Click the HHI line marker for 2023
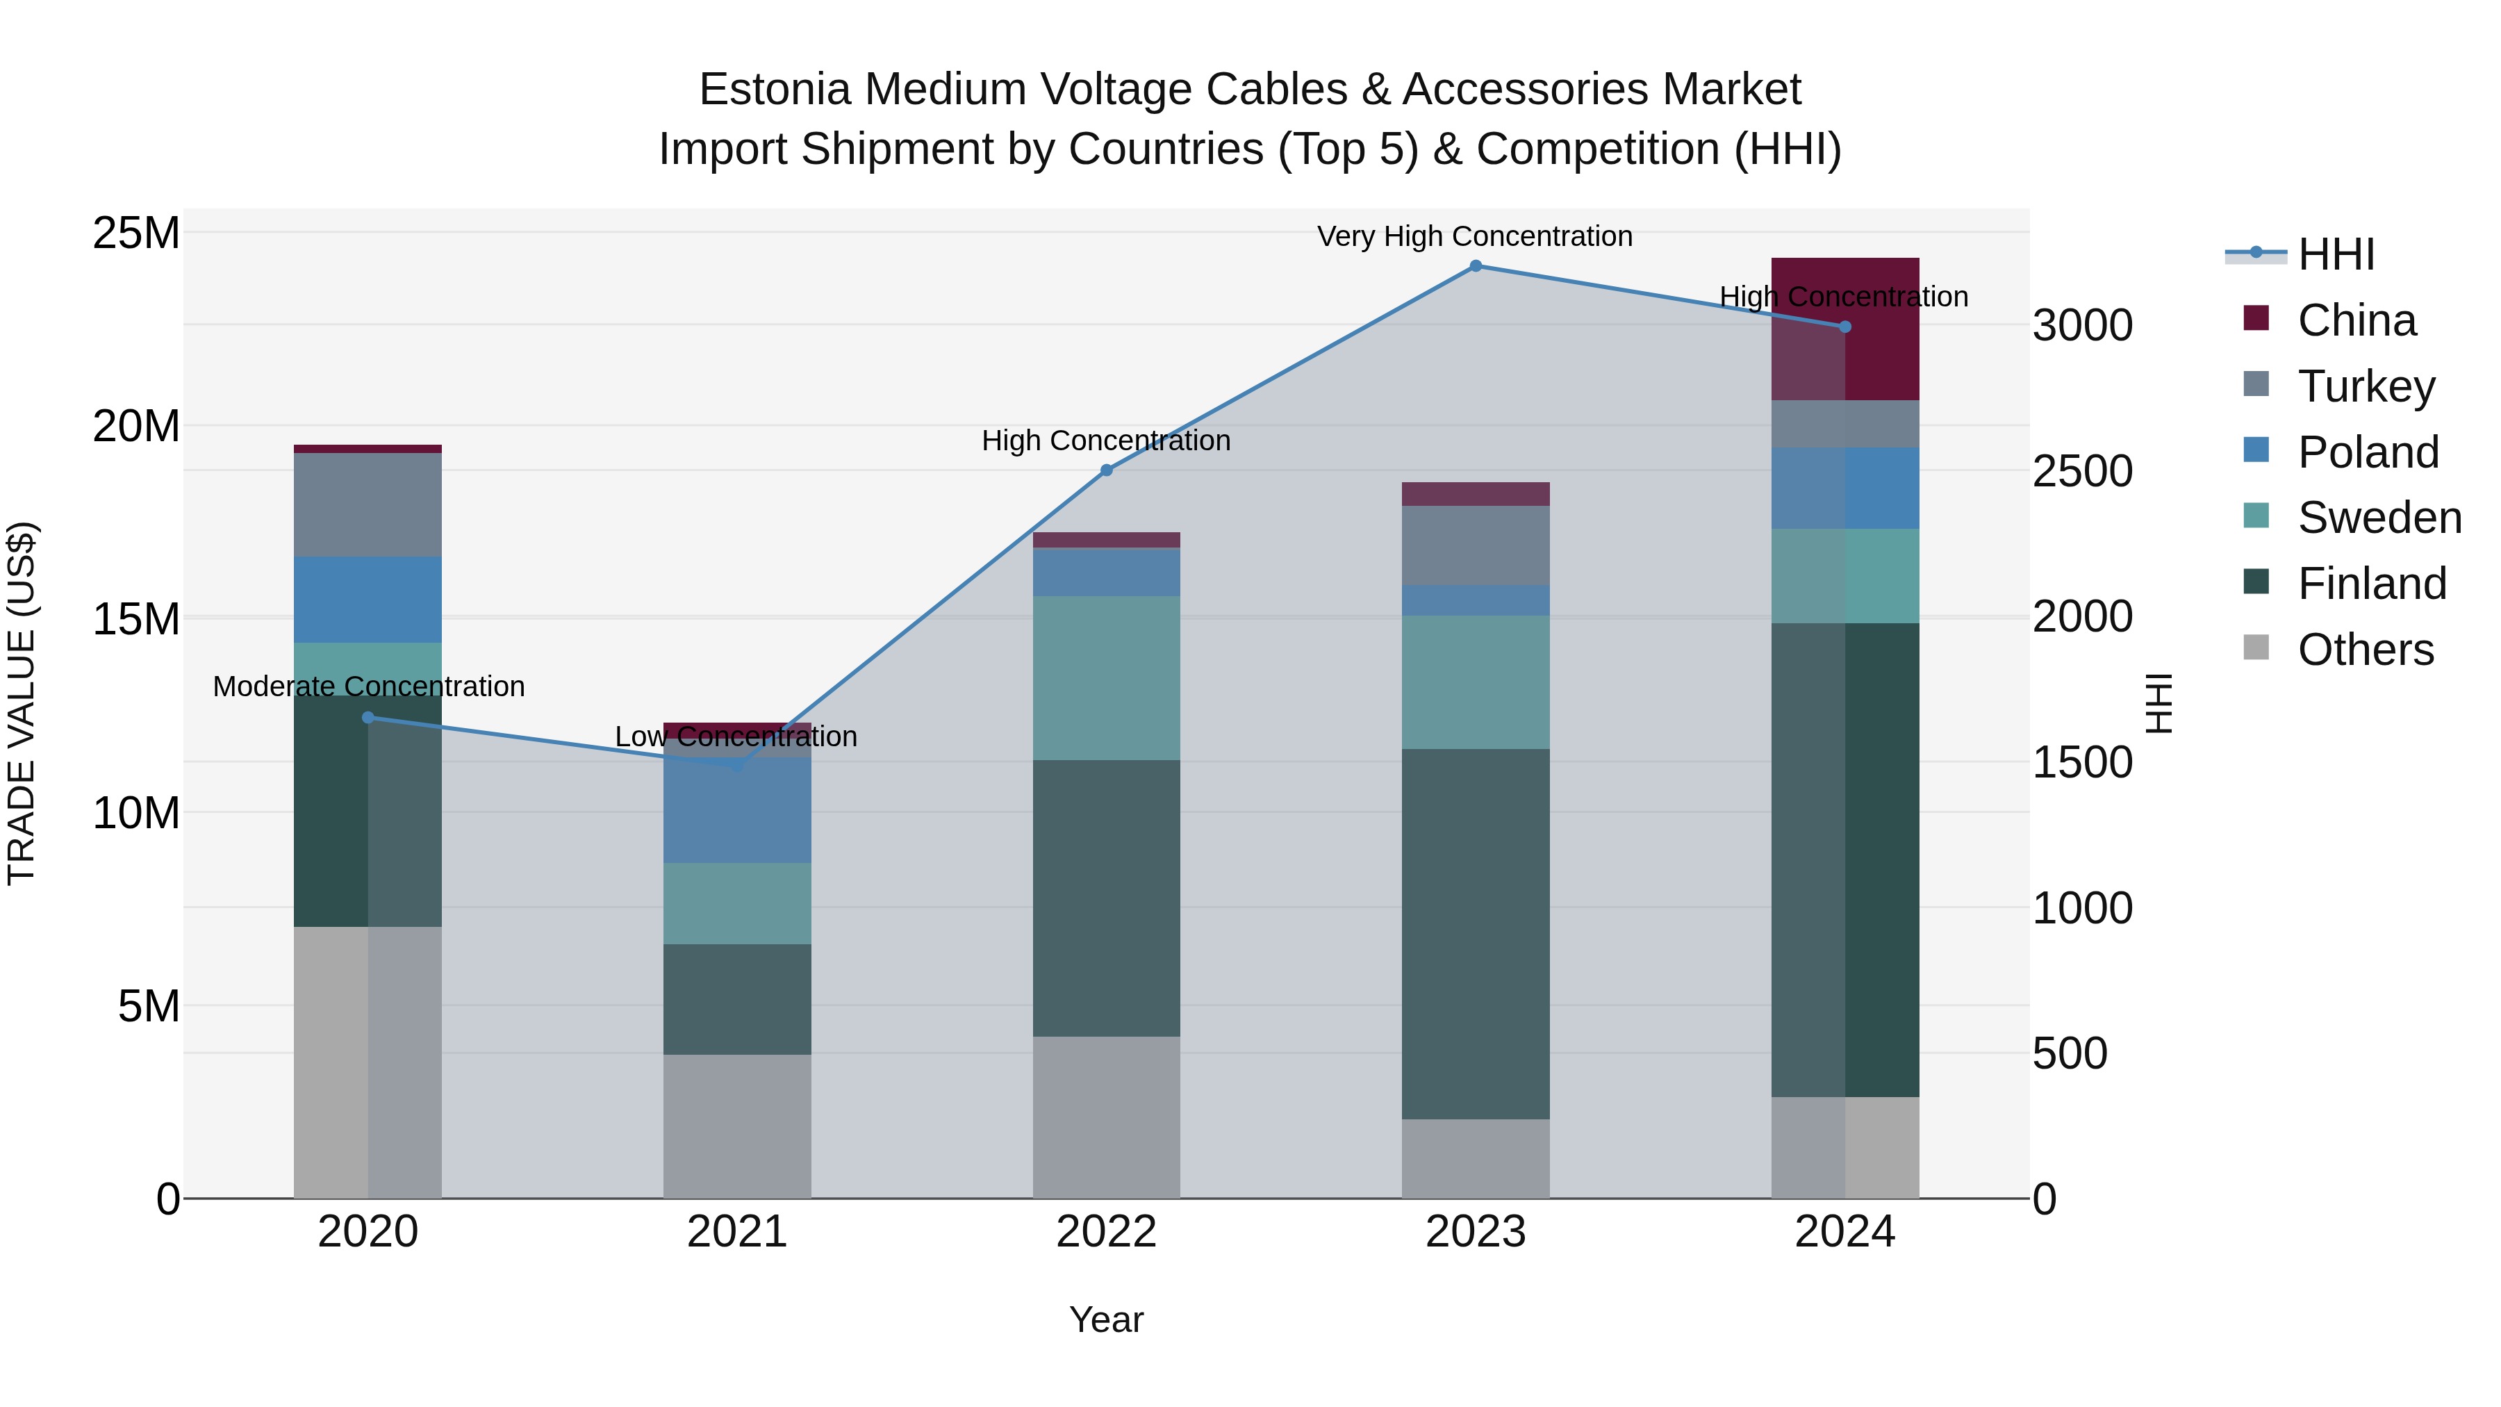click(1476, 266)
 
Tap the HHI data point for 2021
click(737, 765)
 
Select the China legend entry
click(2356, 320)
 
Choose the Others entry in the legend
click(2365, 650)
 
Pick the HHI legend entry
click(2336, 254)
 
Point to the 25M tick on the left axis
click(136, 233)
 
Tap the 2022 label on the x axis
click(1106, 1232)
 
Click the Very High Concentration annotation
click(1475, 236)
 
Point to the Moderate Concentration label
click(369, 686)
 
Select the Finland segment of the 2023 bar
click(1476, 932)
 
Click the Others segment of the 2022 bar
click(1106, 1117)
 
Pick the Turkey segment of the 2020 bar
click(368, 505)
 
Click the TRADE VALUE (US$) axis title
click(22, 703)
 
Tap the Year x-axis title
click(1106, 1319)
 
